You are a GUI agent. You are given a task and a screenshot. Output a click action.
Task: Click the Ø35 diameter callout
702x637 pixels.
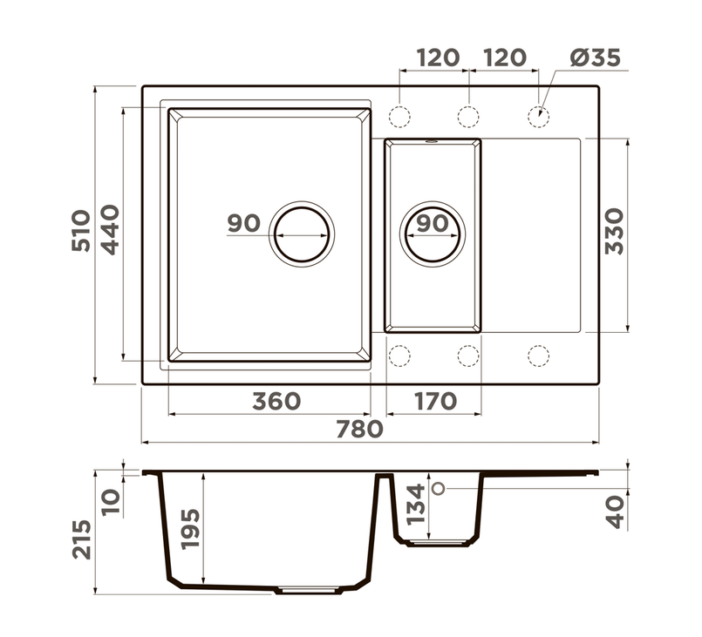[x=595, y=58]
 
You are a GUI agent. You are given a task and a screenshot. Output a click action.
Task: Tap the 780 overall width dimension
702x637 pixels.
[x=359, y=429]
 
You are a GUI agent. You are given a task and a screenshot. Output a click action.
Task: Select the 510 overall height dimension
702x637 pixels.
[x=81, y=230]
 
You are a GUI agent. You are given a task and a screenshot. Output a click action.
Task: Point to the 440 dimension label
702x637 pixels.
[x=110, y=229]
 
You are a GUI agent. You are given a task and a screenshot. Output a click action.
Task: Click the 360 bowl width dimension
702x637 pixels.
[x=276, y=401]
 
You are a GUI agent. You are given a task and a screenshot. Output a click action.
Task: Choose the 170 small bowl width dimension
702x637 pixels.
[x=435, y=401]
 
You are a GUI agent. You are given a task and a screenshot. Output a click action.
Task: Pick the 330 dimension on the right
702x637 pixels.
[x=614, y=231]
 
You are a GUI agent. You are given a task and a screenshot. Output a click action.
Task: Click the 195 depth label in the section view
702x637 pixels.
[x=190, y=529]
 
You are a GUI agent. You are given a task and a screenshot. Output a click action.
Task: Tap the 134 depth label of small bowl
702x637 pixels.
[x=415, y=505]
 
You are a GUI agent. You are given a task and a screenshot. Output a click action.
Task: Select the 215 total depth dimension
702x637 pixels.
[x=81, y=539]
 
